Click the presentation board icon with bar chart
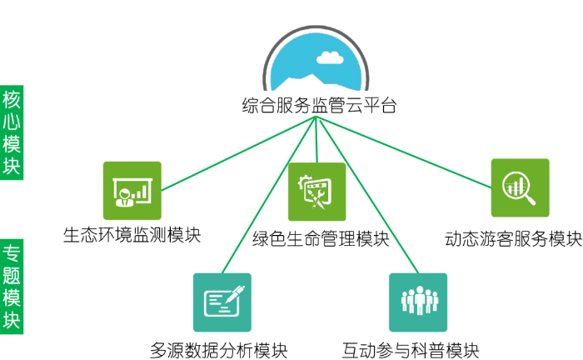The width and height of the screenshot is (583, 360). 132,191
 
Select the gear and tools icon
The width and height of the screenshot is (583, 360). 316,192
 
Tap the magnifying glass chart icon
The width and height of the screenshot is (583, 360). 520,187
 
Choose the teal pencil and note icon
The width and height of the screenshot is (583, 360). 222,302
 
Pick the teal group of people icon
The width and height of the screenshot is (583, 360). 418,302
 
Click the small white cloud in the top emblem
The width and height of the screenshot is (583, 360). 330,57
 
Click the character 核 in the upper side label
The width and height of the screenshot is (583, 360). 12,98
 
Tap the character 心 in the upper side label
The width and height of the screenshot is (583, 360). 12,121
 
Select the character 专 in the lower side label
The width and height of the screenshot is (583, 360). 12,252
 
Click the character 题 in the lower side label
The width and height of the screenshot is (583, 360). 12,275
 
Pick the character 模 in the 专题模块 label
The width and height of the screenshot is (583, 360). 12,298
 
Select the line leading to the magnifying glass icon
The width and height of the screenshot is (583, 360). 404,152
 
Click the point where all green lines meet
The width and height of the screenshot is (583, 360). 316,116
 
